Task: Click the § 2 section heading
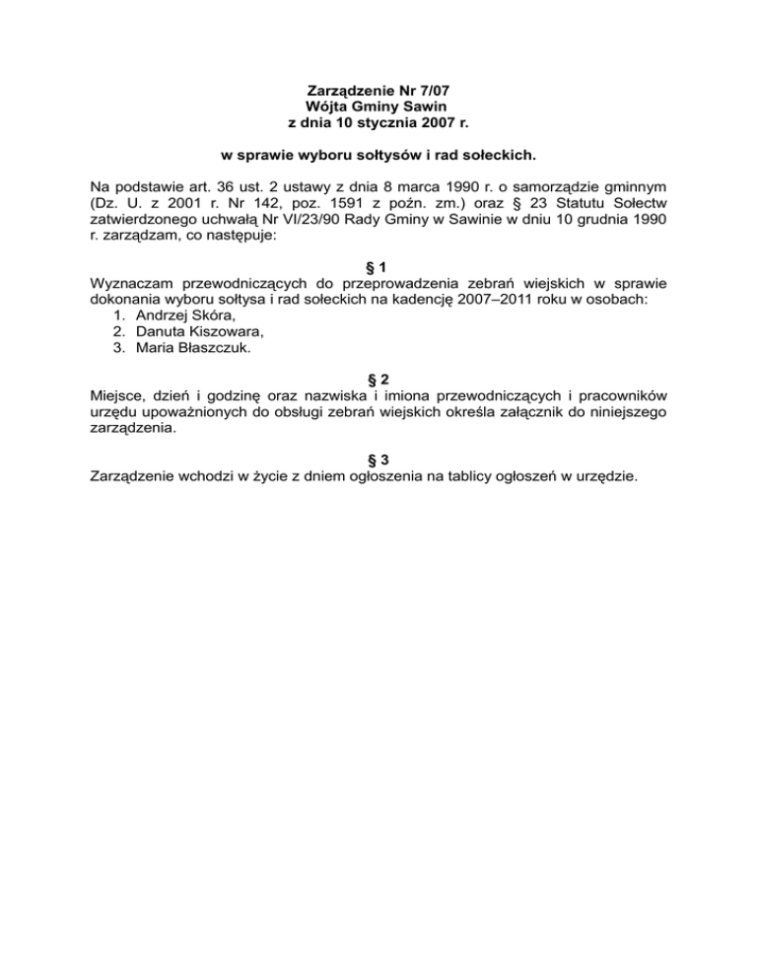point(378,380)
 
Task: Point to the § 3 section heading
point(378,460)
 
